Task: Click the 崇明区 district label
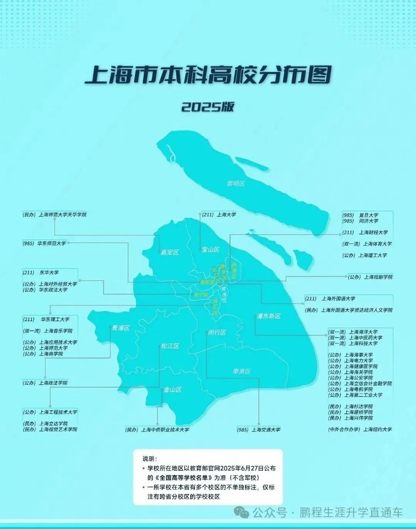(x=236, y=184)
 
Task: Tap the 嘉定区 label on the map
(x=169, y=252)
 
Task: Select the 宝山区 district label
(x=211, y=250)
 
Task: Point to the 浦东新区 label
(x=269, y=316)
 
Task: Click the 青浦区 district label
(x=121, y=328)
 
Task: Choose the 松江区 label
(x=170, y=346)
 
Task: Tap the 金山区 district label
(x=173, y=390)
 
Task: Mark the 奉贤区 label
(x=242, y=371)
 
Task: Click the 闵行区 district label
(x=217, y=332)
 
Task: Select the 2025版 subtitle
(x=208, y=107)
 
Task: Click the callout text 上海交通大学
(x=266, y=429)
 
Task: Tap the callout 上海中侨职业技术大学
(x=165, y=429)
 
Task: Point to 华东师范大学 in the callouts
(x=51, y=243)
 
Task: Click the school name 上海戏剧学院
(x=378, y=277)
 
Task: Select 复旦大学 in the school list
(x=369, y=215)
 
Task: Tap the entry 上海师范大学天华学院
(x=62, y=214)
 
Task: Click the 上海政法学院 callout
(x=53, y=383)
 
